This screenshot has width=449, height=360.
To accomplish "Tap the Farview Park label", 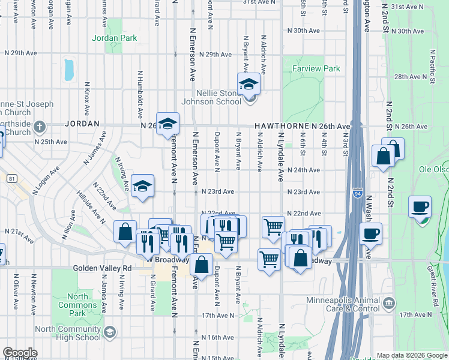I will (316, 69).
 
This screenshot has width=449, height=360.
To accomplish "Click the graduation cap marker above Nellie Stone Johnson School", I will (249, 85).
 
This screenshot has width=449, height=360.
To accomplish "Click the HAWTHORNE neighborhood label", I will (282, 127).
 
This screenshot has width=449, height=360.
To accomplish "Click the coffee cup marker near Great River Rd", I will (420, 207).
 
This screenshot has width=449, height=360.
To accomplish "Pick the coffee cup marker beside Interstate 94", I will (370, 233).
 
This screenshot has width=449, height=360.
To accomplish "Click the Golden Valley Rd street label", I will (102, 268).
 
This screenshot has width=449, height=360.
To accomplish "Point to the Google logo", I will (20, 353).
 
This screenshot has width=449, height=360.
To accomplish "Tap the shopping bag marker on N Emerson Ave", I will (202, 264).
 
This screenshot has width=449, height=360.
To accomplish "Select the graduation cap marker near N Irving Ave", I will (143, 186).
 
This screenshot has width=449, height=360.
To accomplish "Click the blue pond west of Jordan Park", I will (68, 70).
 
